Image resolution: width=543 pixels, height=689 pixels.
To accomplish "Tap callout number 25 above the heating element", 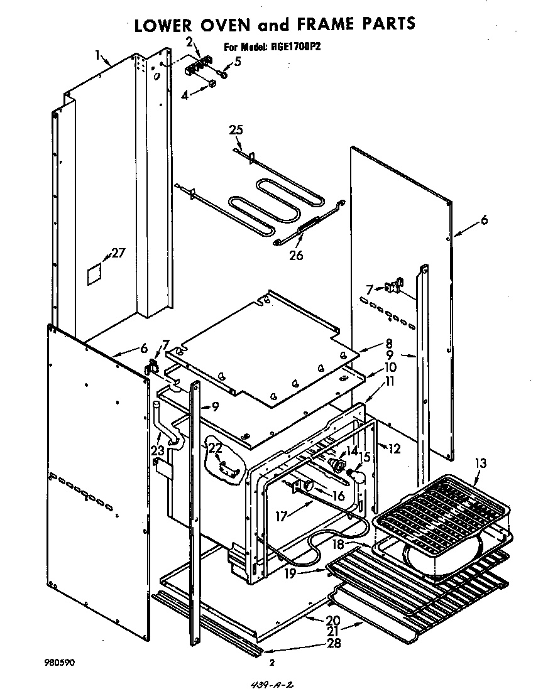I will click(x=236, y=130).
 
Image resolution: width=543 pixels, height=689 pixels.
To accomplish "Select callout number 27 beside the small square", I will click(x=118, y=254).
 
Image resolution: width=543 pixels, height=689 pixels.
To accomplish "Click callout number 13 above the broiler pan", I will click(x=480, y=464).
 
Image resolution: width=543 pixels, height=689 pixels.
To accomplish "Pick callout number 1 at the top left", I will click(x=98, y=55).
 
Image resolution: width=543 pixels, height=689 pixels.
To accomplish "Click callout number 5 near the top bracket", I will click(x=238, y=61).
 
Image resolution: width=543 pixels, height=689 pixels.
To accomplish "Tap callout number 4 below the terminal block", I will click(x=185, y=95).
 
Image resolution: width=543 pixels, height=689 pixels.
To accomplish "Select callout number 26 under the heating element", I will click(x=295, y=255).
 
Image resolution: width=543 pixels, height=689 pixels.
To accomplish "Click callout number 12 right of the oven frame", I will click(x=394, y=448).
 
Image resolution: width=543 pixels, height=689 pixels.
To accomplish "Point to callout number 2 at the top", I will click(x=189, y=41).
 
